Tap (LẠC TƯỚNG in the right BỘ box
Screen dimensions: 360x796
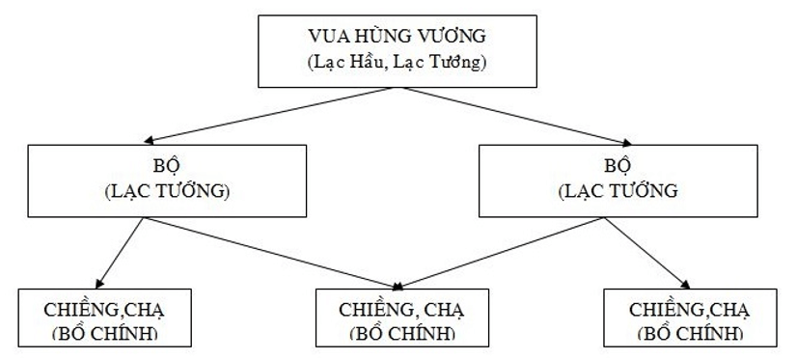pos(618,190)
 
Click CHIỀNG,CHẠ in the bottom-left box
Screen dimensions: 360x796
pos(105,310)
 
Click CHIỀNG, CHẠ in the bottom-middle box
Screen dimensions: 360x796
pos(397,310)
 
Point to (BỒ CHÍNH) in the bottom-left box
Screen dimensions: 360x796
pos(105,333)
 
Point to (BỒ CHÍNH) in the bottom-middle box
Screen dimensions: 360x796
pos(397,333)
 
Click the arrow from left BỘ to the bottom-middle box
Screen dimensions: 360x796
pos(270,253)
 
